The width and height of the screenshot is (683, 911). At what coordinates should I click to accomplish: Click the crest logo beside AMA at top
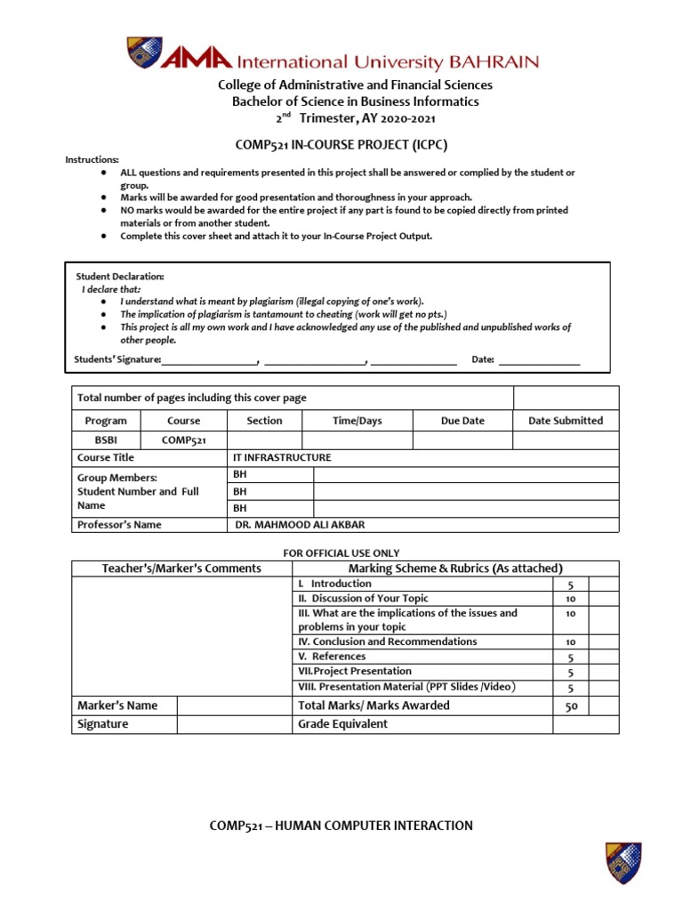(x=144, y=53)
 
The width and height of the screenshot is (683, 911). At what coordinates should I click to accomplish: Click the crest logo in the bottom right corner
(x=623, y=862)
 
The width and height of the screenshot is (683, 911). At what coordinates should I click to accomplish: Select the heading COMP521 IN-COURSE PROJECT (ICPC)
(x=341, y=144)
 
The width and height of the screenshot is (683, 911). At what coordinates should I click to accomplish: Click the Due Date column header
(x=462, y=421)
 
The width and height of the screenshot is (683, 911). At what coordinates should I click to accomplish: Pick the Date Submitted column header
(x=566, y=421)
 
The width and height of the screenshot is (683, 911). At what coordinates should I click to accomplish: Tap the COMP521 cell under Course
(x=184, y=439)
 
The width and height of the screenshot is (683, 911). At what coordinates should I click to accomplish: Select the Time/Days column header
(x=358, y=421)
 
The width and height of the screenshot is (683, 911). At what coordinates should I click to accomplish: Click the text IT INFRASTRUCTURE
(x=282, y=457)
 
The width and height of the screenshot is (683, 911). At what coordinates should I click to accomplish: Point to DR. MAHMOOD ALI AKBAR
(x=300, y=525)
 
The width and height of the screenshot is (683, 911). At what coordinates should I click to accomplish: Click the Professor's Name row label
(x=120, y=525)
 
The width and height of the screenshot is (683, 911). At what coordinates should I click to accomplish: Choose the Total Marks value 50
(x=571, y=706)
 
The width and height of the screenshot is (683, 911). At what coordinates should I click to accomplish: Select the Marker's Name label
(x=117, y=705)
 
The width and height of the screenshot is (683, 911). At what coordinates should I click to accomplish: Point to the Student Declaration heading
(x=120, y=277)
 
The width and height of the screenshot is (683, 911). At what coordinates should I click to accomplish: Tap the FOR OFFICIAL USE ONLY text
(x=341, y=553)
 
